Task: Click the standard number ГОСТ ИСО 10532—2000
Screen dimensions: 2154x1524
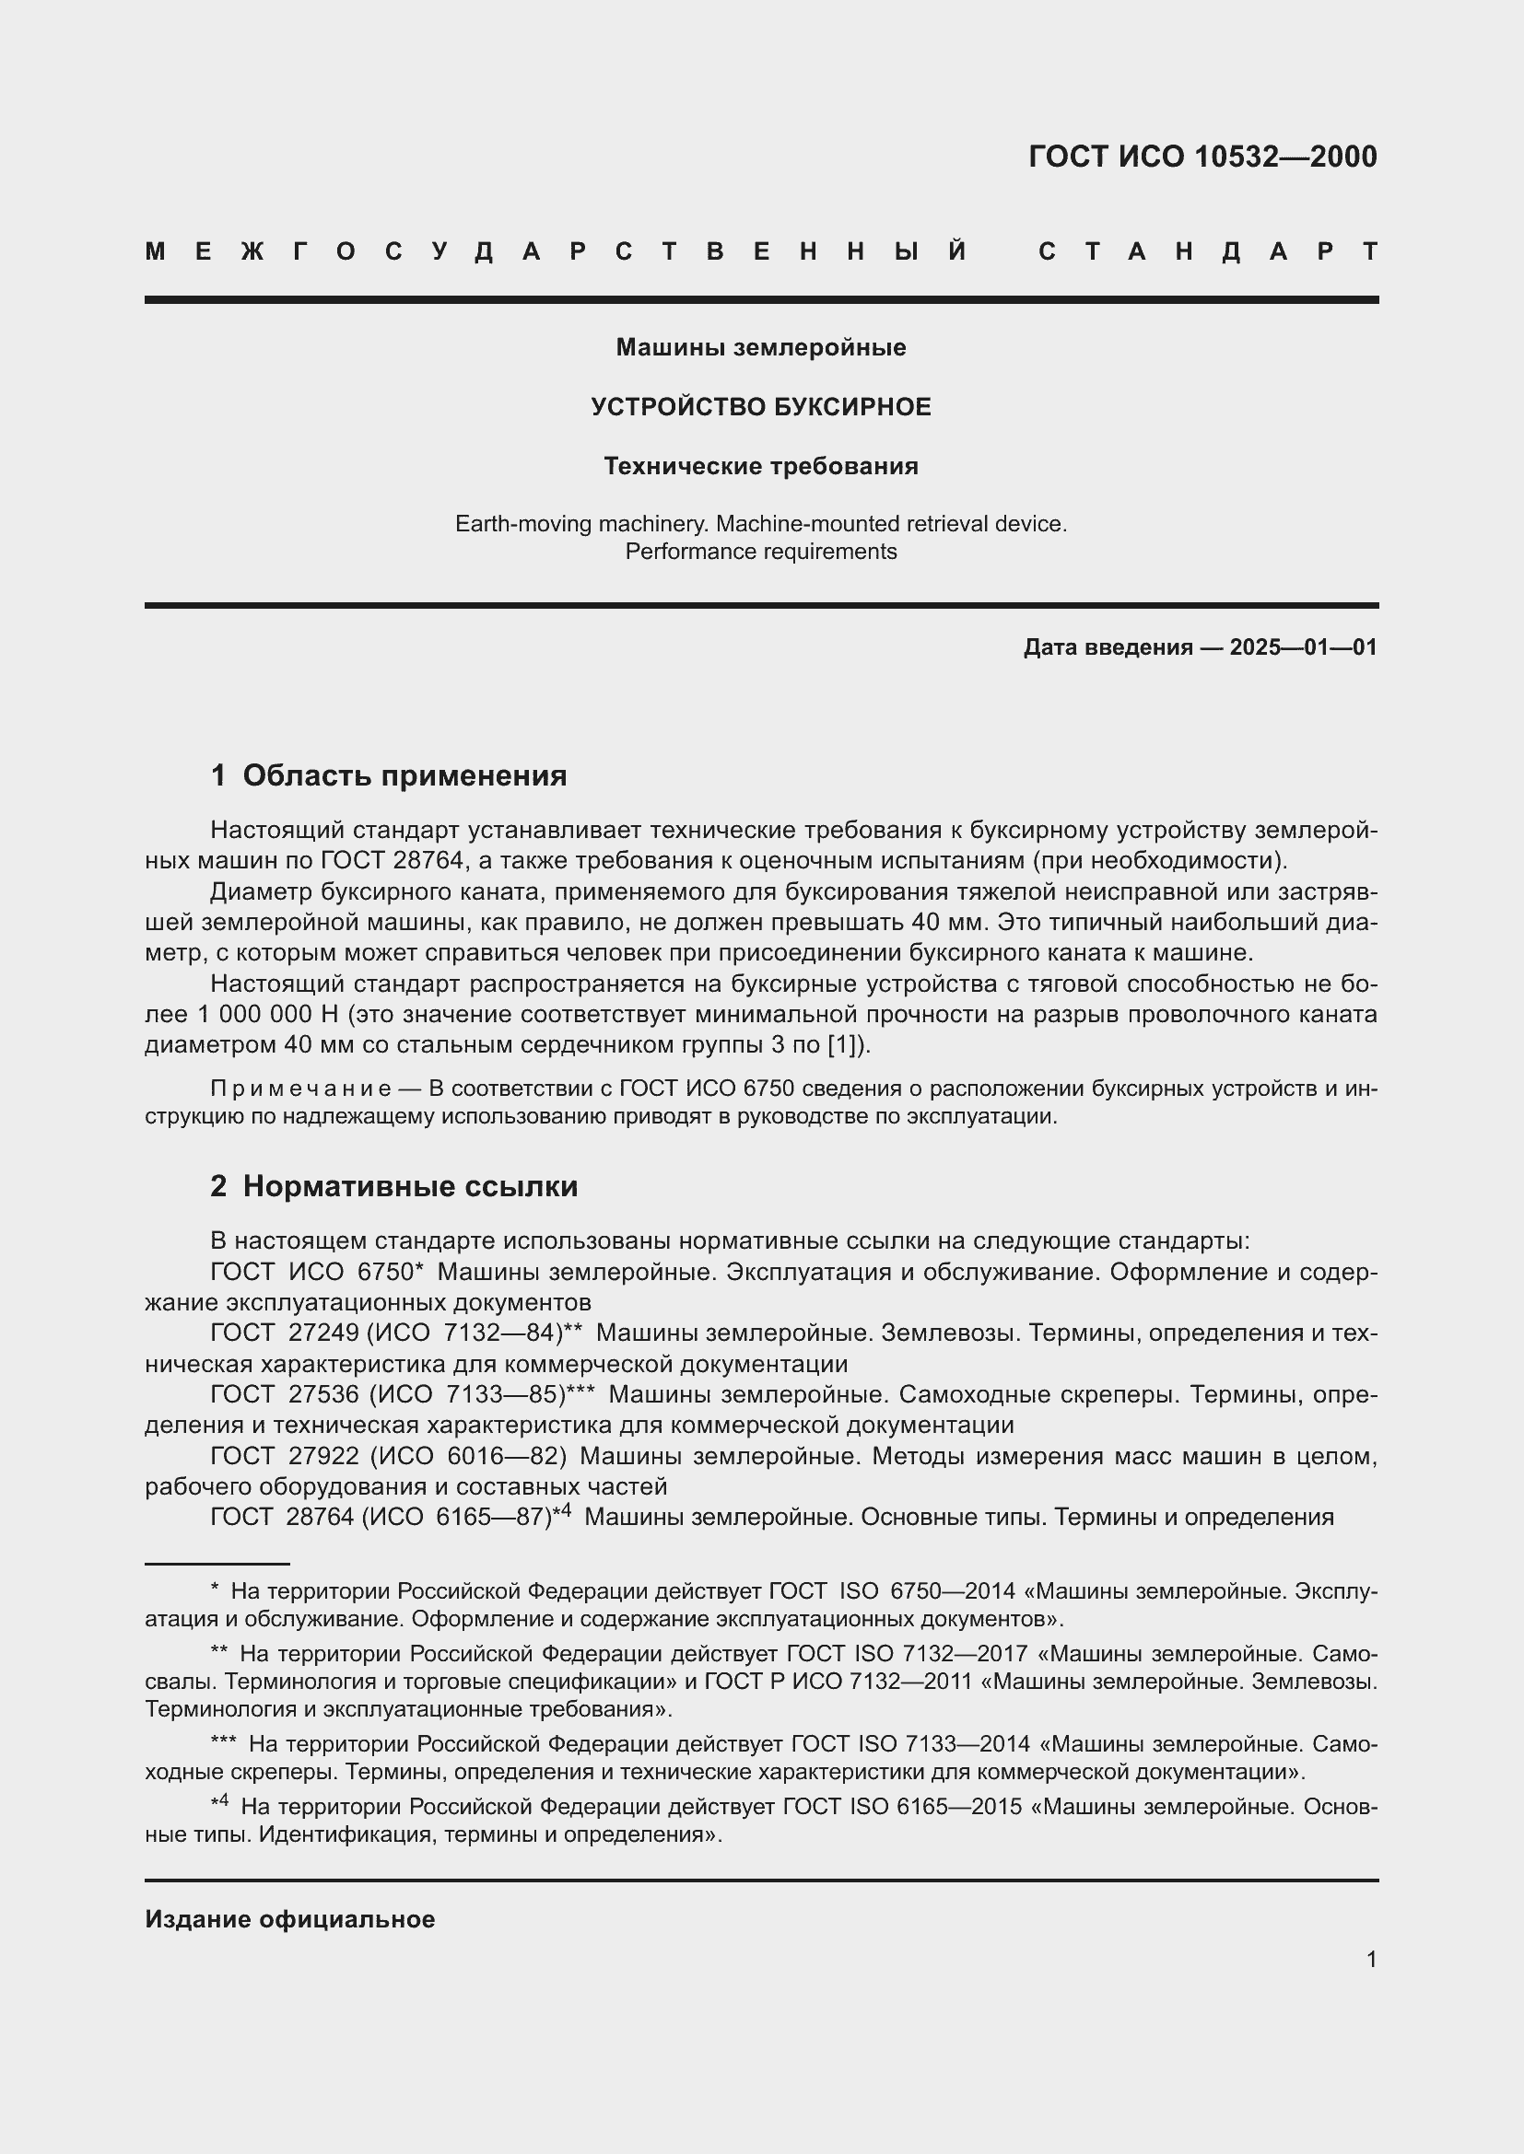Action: [x=1202, y=156]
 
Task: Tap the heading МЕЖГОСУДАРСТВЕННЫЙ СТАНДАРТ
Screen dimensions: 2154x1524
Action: [x=761, y=251]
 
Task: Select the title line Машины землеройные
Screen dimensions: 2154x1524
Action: [x=761, y=347]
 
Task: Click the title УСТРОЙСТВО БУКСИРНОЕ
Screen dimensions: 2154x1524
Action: [x=761, y=406]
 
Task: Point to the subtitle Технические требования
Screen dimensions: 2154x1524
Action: [x=761, y=466]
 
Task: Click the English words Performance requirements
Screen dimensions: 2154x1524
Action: [x=761, y=552]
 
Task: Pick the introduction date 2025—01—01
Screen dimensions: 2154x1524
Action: [x=1303, y=647]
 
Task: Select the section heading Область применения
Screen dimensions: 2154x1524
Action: [x=404, y=774]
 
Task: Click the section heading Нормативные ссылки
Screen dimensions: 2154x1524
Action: [x=410, y=1186]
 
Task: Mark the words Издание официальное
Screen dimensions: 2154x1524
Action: [x=290, y=1918]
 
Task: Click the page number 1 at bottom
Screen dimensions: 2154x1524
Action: [x=1371, y=1959]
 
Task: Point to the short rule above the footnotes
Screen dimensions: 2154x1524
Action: [x=217, y=1564]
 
